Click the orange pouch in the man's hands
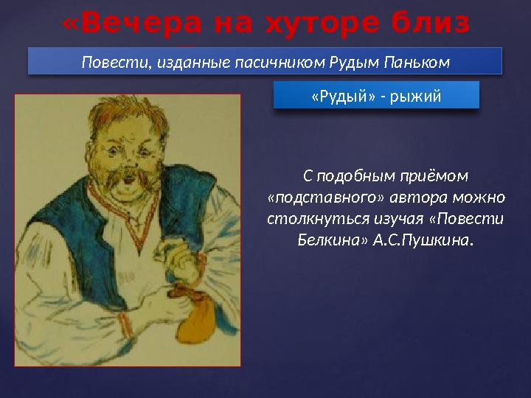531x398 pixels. coord(194,317)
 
